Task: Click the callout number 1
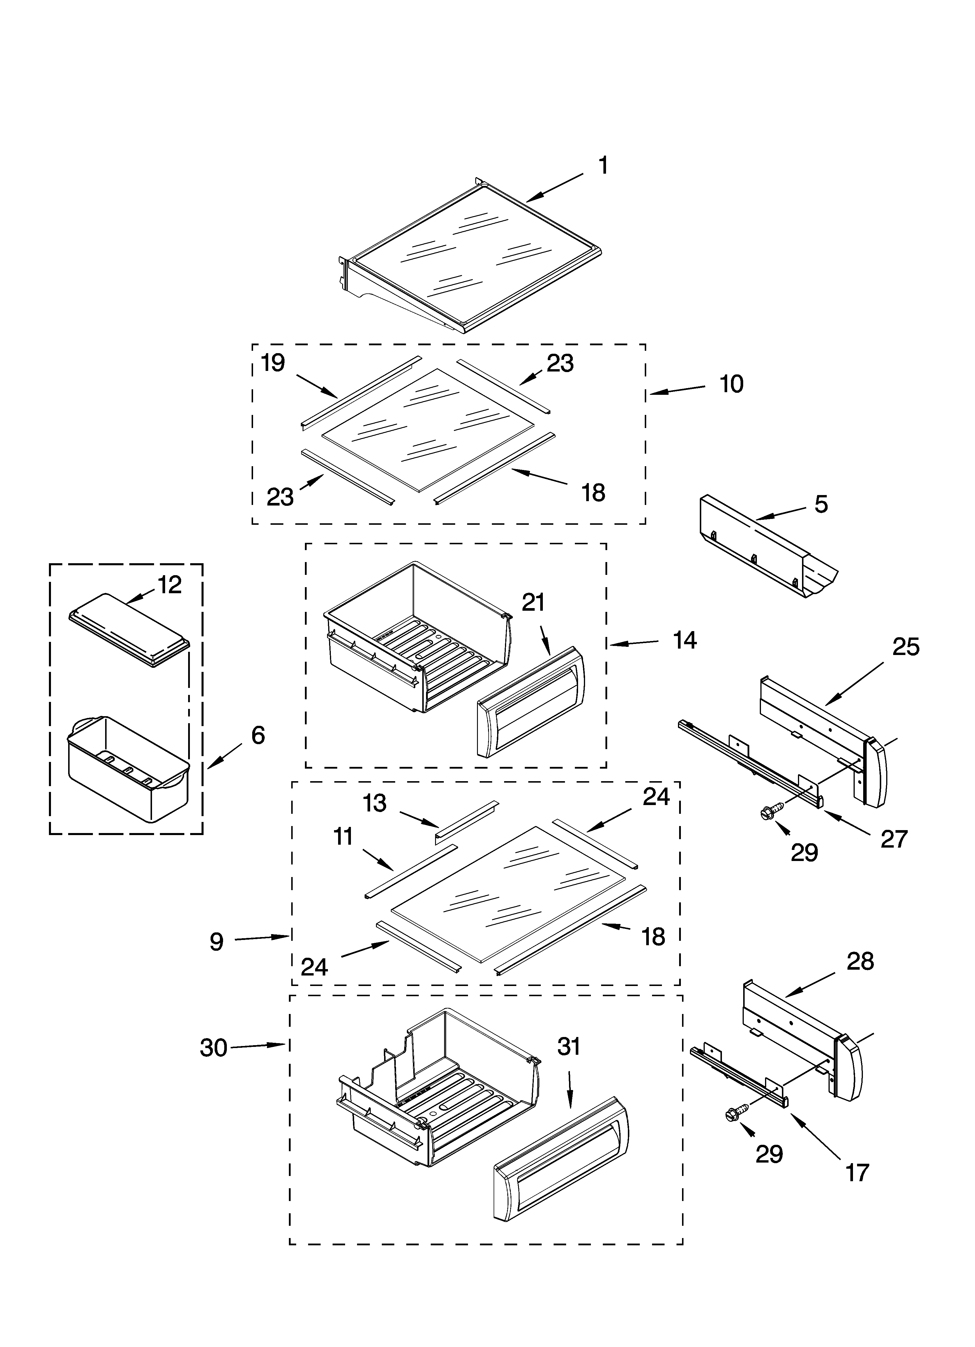[603, 166]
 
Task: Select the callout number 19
[273, 363]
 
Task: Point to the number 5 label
[821, 504]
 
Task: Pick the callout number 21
[533, 603]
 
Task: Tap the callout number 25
[905, 647]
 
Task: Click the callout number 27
[894, 839]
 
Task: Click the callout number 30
[213, 1048]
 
